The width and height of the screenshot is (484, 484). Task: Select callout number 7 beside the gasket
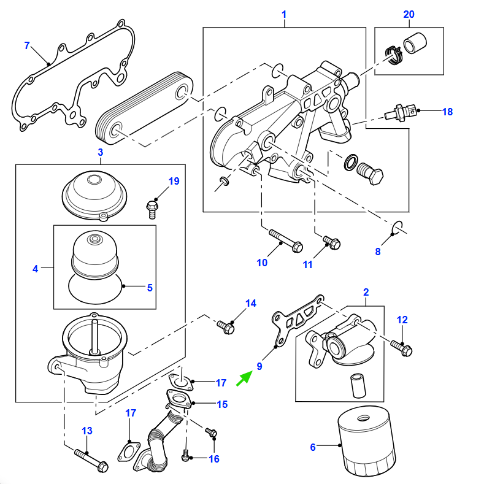point(26,45)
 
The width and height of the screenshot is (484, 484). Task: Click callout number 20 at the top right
point(409,14)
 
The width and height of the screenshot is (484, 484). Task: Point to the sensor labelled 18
point(401,112)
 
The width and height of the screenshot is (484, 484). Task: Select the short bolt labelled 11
point(330,243)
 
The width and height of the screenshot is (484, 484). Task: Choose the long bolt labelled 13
point(90,459)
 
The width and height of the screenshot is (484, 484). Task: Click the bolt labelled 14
point(226,326)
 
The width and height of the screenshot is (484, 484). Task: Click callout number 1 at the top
point(284,14)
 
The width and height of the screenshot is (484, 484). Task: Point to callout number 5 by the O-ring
point(149,287)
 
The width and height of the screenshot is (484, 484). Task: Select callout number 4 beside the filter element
point(35,268)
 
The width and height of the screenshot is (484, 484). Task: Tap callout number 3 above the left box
point(100,152)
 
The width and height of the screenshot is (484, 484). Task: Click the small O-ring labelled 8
point(397,229)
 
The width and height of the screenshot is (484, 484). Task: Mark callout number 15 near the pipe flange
point(221,404)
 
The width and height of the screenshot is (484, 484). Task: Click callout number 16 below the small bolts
point(213,458)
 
